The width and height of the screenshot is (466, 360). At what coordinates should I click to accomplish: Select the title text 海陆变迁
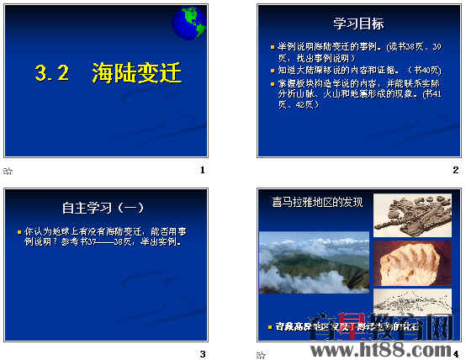point(136,74)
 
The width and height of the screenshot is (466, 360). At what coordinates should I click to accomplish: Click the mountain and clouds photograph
point(313,263)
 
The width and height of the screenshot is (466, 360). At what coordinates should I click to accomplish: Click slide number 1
point(202,170)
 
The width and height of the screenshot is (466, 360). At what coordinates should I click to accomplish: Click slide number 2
point(455,170)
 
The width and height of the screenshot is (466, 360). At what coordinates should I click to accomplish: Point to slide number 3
point(202,354)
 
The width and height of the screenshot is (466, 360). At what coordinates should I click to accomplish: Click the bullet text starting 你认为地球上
point(104,235)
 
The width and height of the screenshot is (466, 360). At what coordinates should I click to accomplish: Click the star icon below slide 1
point(8,171)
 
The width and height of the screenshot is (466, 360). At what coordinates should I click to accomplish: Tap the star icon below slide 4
point(262,355)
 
